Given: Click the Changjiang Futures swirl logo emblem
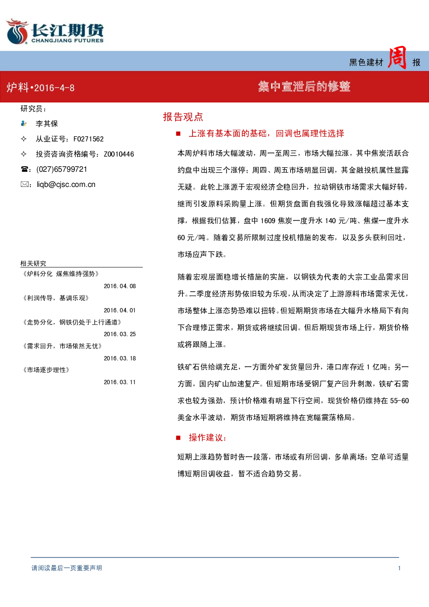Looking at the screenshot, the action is pyautogui.click(x=17, y=32).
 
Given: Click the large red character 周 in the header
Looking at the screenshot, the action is pyautogui.click(x=397, y=58).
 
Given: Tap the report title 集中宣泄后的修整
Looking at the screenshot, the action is pyautogui.click(x=304, y=87).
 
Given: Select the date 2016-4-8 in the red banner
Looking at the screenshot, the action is pyautogui.click(x=54, y=88).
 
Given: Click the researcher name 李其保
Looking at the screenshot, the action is pyautogui.click(x=47, y=124).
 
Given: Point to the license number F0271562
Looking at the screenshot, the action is pyautogui.click(x=89, y=139).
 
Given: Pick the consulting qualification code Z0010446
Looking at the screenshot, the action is pyautogui.click(x=119, y=154).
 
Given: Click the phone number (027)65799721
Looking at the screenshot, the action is pyautogui.click(x=62, y=169).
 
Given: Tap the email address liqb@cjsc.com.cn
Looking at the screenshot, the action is pyautogui.click(x=66, y=185).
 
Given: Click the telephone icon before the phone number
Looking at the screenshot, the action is pyautogui.click(x=24, y=169).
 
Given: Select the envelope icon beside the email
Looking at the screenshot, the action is pyautogui.click(x=24, y=184).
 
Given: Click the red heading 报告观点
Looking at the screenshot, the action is pyautogui.click(x=183, y=117).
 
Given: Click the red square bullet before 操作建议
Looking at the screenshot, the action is pyautogui.click(x=178, y=438).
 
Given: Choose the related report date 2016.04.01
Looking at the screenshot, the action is pyautogui.click(x=120, y=310).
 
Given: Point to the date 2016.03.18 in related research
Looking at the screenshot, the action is pyautogui.click(x=120, y=358).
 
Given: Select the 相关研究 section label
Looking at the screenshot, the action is pyautogui.click(x=33, y=263).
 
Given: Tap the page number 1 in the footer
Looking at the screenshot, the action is pyautogui.click(x=399, y=568).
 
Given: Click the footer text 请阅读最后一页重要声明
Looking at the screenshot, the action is pyautogui.click(x=67, y=568).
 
